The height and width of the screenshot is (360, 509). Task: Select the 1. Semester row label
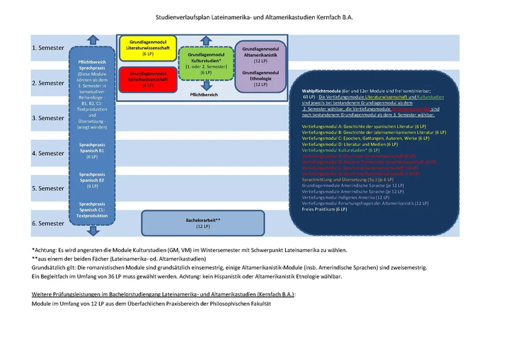(48, 48)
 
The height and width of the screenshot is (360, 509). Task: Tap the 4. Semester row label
(48, 154)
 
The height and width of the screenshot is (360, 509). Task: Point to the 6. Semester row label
(48, 224)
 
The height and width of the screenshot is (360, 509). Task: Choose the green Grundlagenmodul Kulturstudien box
(206, 63)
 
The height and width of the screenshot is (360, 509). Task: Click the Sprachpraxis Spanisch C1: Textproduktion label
(92, 209)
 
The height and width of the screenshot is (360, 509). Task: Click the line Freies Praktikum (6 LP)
(324, 209)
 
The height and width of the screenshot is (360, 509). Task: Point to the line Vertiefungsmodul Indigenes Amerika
(345, 197)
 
